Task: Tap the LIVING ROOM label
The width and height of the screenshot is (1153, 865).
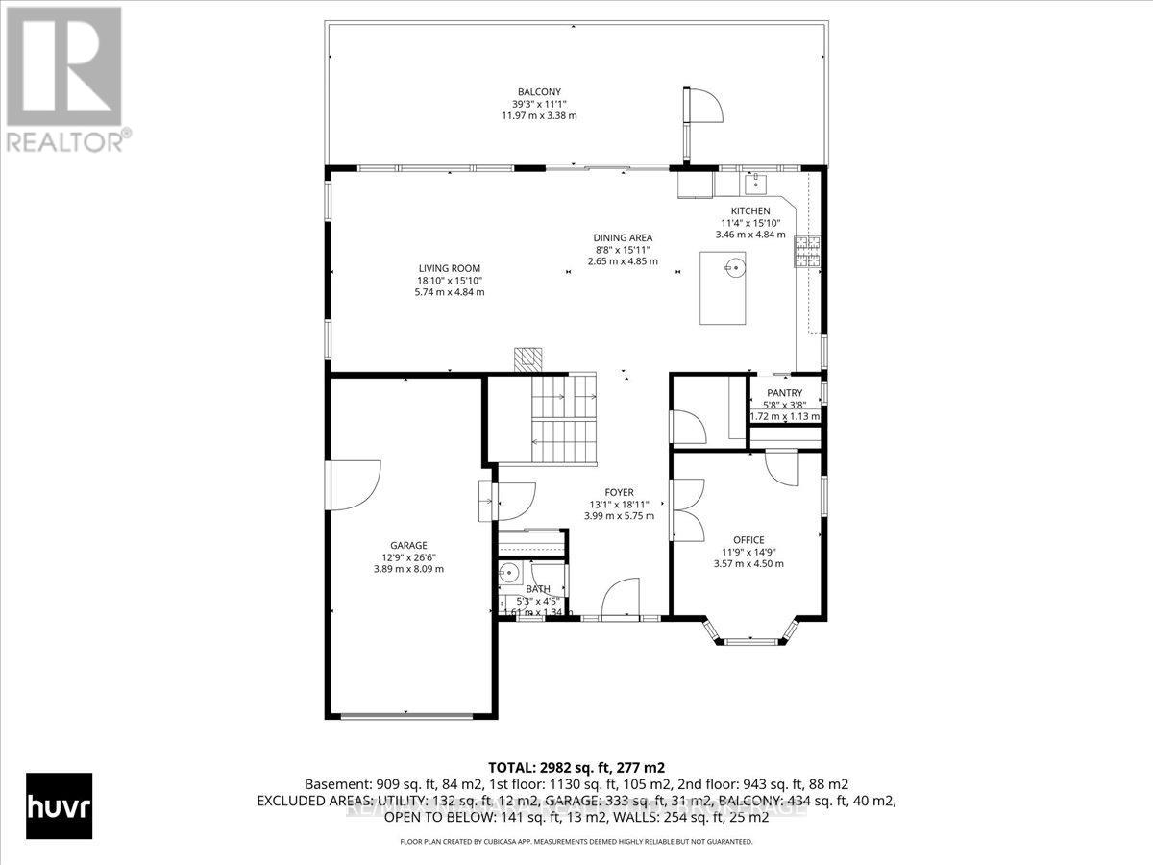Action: (449, 268)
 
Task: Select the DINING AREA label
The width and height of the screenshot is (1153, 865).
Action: (623, 237)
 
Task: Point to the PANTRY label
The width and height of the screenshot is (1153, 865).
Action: (784, 393)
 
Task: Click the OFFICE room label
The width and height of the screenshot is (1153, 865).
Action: (748, 540)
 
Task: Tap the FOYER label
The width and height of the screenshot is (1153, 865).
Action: (619, 492)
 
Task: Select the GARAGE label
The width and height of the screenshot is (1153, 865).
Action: (408, 545)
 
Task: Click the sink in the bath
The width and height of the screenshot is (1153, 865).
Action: (508, 575)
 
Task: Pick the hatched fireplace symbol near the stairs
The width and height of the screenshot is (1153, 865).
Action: (528, 359)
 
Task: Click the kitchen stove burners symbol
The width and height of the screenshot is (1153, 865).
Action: (806, 250)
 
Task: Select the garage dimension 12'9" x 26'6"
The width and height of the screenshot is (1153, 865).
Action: (408, 556)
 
